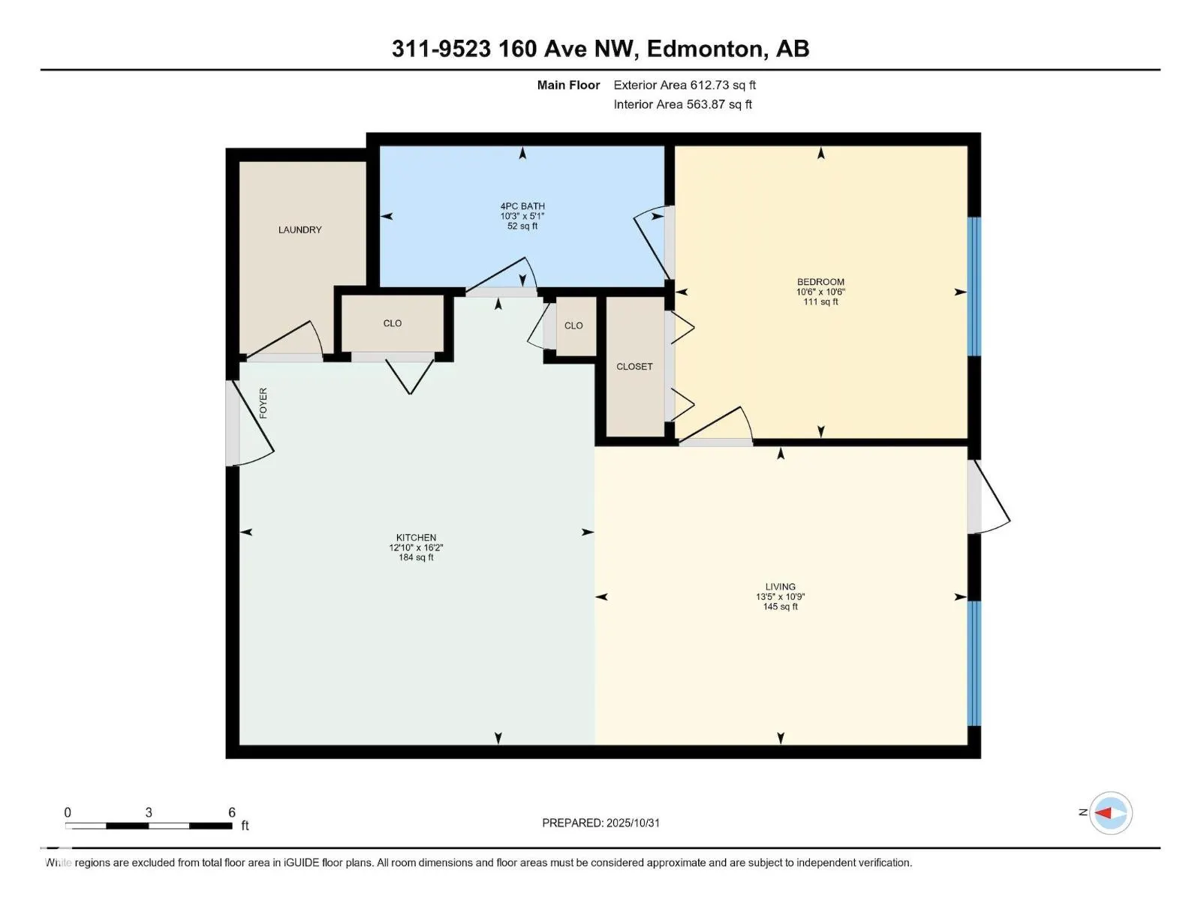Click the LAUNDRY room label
click(299, 229)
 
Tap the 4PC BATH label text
click(522, 206)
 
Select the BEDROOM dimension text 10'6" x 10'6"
click(820, 292)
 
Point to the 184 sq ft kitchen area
click(416, 557)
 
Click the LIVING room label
click(780, 586)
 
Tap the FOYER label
click(263, 403)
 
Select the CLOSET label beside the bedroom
click(634, 367)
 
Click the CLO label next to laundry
click(392, 323)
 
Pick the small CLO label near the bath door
click(573, 325)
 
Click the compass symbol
click(1110, 813)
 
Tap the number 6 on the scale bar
click(232, 812)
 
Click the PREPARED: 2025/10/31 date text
click(600, 823)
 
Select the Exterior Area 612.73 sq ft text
click(685, 85)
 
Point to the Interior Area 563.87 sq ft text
click(682, 104)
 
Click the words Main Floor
click(568, 85)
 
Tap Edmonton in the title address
click(706, 49)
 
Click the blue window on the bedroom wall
click(974, 286)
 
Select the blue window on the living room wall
click(974, 663)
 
